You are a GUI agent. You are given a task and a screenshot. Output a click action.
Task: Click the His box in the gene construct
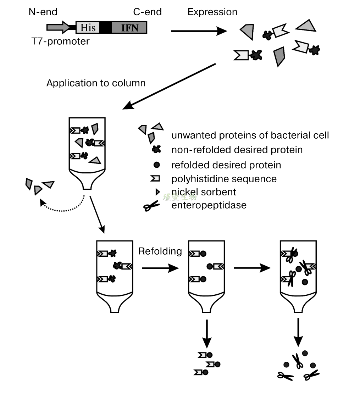pos(88,27)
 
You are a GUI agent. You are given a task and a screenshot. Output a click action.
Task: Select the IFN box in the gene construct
pos(129,27)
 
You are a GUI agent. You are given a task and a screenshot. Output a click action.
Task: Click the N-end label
pos(43,12)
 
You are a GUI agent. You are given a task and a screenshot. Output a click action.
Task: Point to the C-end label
pos(147,12)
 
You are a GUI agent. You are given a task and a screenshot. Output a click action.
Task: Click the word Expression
pos(212,12)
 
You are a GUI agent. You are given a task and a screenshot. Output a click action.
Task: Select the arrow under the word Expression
pos(199,31)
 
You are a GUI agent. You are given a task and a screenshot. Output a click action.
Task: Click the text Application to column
pos(96,83)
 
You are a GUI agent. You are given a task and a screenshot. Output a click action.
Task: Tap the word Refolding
pos(160,251)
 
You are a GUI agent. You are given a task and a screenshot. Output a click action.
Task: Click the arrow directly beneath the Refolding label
pos(160,268)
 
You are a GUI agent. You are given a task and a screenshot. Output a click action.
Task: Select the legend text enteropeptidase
pos(209,205)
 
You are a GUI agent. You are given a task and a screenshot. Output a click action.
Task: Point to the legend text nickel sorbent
pos(204,192)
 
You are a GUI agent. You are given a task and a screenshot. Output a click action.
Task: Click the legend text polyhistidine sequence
pos(224,178)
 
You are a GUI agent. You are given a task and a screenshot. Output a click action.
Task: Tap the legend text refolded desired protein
pos(226,165)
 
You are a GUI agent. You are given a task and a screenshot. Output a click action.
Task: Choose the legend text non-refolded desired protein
pos(237,150)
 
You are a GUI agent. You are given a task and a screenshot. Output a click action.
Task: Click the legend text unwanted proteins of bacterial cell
pos(250,135)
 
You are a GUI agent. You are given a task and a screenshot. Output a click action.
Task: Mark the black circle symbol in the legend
pos(156,165)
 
